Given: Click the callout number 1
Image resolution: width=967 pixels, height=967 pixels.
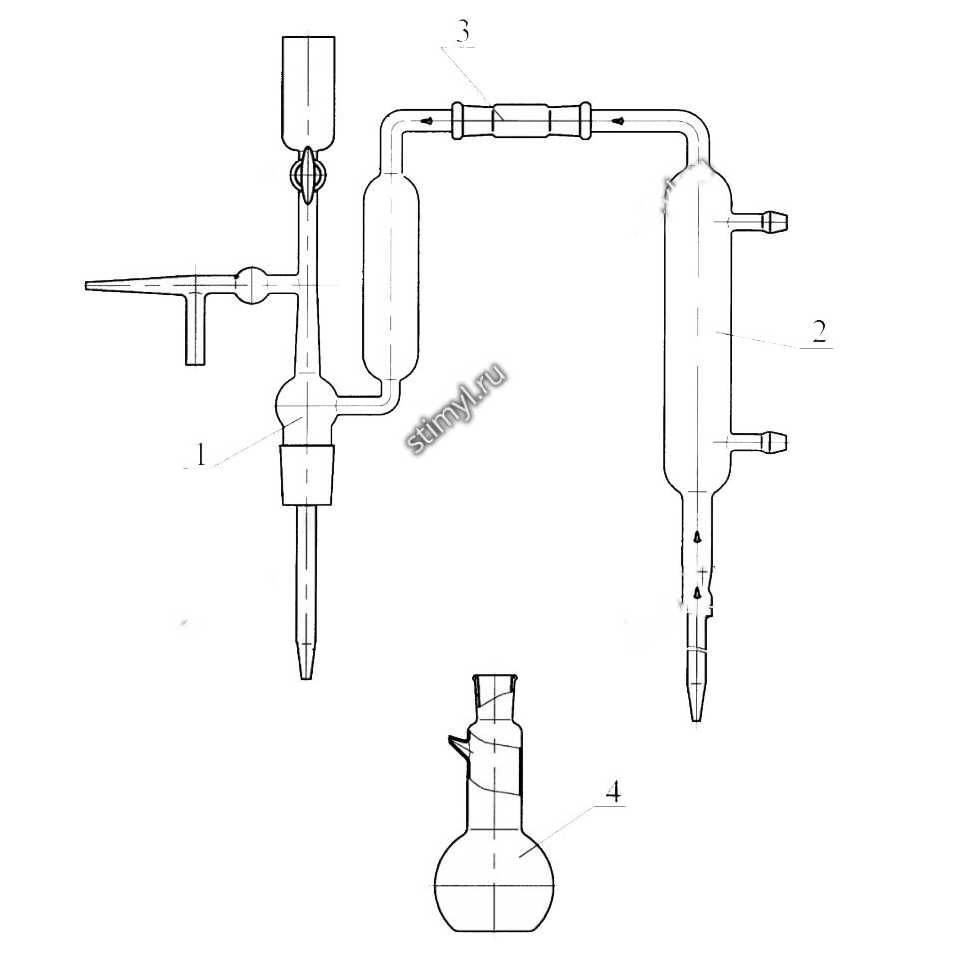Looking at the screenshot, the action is click(x=200, y=455).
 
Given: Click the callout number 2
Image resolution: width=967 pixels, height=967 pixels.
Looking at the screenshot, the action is click(x=819, y=332).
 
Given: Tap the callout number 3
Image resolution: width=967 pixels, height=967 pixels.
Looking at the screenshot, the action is click(x=464, y=33).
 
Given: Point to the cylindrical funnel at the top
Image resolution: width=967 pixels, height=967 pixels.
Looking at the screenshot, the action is click(x=309, y=93).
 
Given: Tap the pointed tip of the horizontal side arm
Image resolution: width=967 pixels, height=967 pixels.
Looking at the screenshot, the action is click(x=86, y=286).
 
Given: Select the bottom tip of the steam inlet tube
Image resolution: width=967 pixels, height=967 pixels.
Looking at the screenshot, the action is click(x=305, y=678).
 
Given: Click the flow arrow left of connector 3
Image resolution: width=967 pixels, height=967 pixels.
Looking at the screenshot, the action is click(x=426, y=121).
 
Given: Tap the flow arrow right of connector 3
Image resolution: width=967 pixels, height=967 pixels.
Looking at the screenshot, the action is click(x=620, y=121).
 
